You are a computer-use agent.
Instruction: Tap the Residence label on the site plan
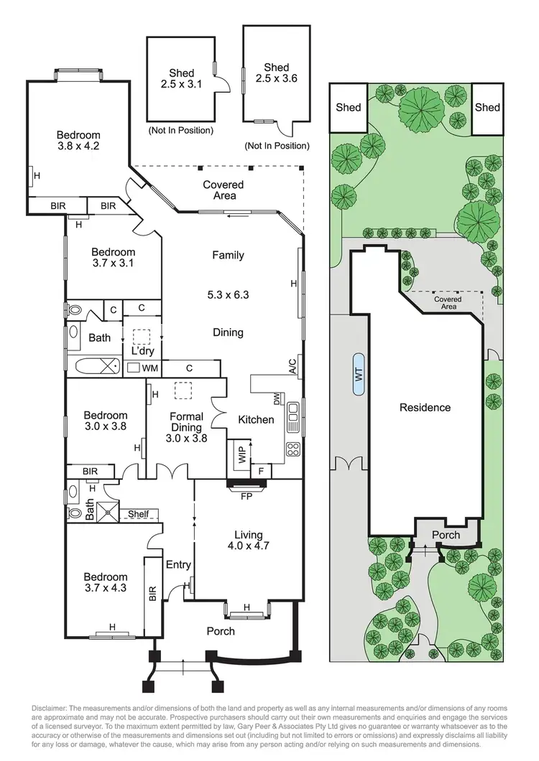pos(425,408)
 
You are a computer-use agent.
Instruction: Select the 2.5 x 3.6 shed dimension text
pos(276,81)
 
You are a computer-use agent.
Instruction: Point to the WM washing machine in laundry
pos(149,368)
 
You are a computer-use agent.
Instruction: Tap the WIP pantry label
pos(241,454)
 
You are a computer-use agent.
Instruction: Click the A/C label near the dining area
pos(292,368)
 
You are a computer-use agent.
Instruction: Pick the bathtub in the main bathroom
pos(95,365)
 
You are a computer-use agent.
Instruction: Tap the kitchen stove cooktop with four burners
pos(293,449)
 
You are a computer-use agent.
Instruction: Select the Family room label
pos(228,255)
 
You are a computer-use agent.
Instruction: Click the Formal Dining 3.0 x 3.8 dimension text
pos(186,439)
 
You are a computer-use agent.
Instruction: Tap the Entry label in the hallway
pos(178,565)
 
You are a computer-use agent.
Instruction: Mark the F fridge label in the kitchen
pos(260,472)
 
